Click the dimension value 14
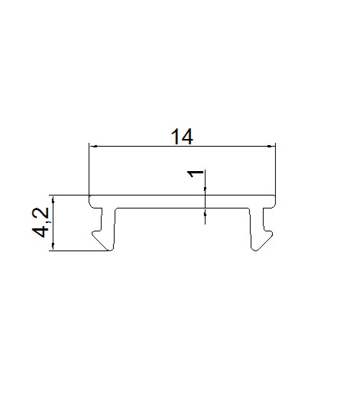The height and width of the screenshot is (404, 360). click(x=182, y=137)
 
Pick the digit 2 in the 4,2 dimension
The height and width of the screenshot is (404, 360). click(x=41, y=212)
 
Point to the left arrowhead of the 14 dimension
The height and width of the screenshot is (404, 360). click(x=95, y=147)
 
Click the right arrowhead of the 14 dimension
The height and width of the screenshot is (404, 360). click(x=269, y=147)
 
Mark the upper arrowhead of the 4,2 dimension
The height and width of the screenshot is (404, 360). click(x=54, y=199)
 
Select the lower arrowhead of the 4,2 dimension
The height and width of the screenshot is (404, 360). click(x=54, y=246)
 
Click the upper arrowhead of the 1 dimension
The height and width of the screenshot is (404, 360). click(x=206, y=189)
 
